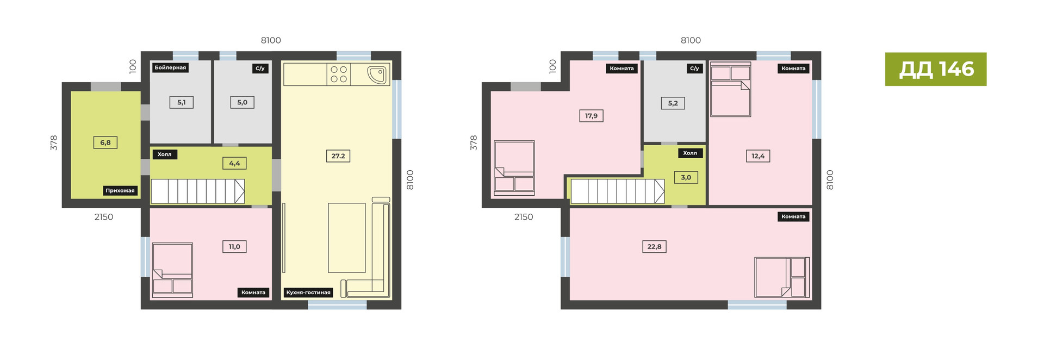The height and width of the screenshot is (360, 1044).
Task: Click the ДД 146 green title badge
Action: [x=935, y=69]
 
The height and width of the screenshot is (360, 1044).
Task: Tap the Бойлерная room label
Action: [x=170, y=68]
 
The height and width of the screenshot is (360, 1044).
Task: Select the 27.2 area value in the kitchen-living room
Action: [x=338, y=156]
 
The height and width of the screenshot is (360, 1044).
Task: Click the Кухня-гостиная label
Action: [x=308, y=293]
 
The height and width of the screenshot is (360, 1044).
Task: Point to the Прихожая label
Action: [x=120, y=190]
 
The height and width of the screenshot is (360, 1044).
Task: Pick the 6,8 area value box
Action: [x=105, y=142]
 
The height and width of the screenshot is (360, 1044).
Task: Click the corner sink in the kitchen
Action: [x=377, y=75]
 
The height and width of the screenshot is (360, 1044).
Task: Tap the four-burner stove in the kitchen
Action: [x=339, y=75]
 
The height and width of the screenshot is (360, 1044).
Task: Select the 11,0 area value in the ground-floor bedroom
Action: [x=234, y=246]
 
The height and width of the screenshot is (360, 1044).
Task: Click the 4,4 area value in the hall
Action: [x=234, y=163]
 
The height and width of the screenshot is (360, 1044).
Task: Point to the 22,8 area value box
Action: [x=654, y=246]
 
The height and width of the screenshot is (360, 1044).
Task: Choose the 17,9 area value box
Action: [x=591, y=116]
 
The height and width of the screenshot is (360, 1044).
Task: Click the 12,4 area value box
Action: [x=758, y=156]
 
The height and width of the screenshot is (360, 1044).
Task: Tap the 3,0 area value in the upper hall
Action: [x=686, y=177]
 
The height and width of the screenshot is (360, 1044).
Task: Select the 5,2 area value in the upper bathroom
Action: [x=673, y=103]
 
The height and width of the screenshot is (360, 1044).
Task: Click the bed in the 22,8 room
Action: [x=782, y=277]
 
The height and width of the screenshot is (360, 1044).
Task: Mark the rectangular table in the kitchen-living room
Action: [x=347, y=238]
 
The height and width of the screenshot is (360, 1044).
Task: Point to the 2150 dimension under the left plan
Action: [x=104, y=217]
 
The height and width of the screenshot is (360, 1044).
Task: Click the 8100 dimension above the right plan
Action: [x=691, y=40]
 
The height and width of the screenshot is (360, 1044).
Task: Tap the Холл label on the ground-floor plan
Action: [x=164, y=154]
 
